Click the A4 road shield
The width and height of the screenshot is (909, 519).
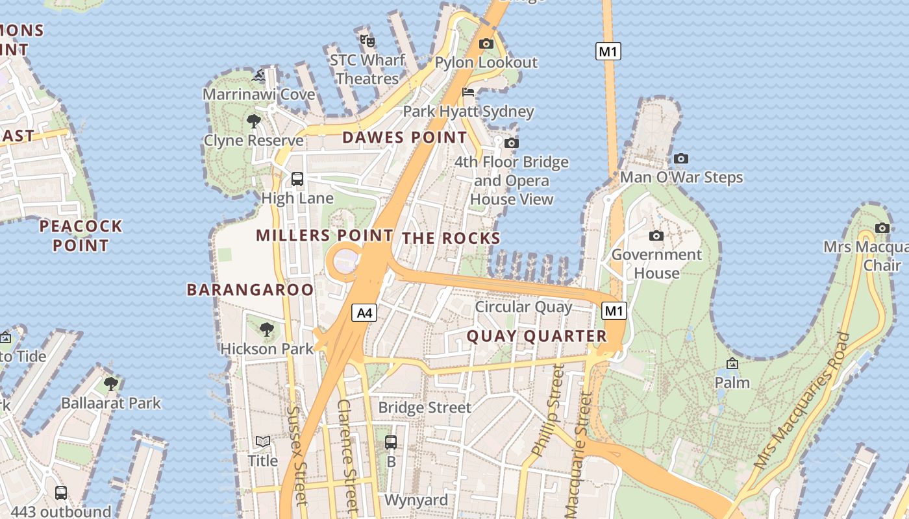point(365,313)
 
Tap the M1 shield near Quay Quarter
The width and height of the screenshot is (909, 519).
point(614,311)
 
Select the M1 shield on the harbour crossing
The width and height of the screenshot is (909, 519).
point(608,51)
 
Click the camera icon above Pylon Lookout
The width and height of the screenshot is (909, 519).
point(486,44)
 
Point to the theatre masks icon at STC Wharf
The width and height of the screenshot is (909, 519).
point(367,41)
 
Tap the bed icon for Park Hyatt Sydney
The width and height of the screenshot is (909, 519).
point(468,92)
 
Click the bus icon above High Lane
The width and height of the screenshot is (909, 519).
point(297,178)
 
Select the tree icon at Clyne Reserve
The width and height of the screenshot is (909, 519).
point(254,121)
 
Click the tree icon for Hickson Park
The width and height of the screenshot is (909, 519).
point(266,330)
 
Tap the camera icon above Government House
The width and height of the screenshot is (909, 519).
point(656,235)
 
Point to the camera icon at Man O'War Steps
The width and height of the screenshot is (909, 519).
point(680,158)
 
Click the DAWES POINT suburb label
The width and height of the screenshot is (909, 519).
point(405,138)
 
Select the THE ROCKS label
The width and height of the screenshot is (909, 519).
point(451,238)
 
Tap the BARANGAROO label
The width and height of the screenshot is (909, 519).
point(251,289)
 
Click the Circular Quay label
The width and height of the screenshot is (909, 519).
point(523,306)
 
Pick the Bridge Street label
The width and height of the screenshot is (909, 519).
point(425,407)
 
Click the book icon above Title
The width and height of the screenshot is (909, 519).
point(262,442)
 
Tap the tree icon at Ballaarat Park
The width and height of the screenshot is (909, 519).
point(111,383)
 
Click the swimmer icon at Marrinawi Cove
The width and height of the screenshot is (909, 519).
point(261,76)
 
